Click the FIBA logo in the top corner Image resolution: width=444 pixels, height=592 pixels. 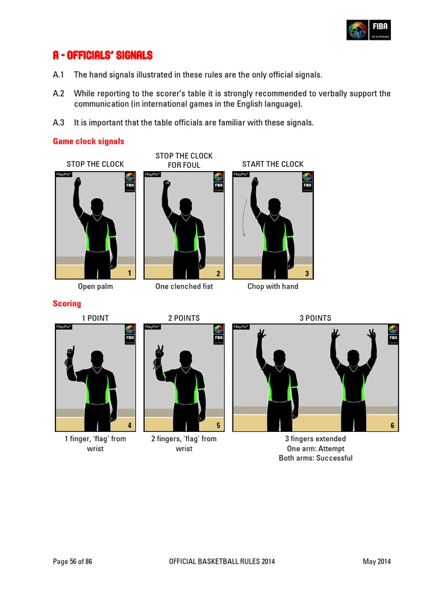pos(369,29)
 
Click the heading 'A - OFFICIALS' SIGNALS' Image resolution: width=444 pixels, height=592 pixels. pos(102,56)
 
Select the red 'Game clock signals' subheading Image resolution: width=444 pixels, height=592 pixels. pos(88,141)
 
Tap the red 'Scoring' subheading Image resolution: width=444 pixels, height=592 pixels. pos(67,304)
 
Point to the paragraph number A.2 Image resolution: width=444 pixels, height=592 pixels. pos(58,94)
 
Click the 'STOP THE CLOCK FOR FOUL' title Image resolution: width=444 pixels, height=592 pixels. pos(184,160)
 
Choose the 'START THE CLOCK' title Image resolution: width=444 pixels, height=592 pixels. pos(272,164)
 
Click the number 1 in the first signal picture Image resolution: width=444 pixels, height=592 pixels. pos(129,273)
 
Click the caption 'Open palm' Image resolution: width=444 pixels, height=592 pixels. pos(95,287)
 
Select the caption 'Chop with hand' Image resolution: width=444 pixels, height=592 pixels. pos(273,287)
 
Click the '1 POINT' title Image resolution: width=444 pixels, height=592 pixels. pos(95,318)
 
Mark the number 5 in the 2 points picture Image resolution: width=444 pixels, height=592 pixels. pos(218,425)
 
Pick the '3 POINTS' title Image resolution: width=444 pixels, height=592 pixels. pos(316,318)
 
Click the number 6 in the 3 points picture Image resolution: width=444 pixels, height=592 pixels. pos(392,425)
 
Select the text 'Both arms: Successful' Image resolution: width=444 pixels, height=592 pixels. pos(316,458)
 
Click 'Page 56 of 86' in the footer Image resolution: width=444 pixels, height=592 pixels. pos(72,561)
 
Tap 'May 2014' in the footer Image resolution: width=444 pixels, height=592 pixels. pos(376,561)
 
